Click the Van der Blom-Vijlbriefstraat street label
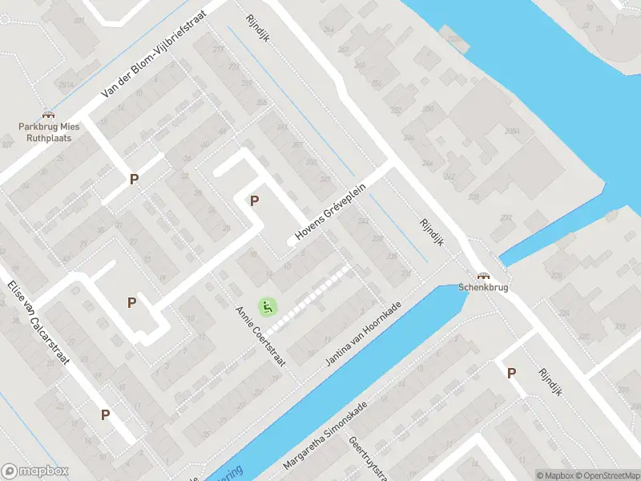click(154, 55)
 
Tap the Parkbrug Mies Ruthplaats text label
click(46, 131)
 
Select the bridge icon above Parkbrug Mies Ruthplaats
click(46, 115)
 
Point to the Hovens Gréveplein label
click(330, 210)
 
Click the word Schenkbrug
click(483, 288)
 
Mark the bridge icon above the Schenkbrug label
click(483, 275)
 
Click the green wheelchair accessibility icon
click(267, 306)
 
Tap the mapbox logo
click(35, 471)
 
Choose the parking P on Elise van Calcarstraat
click(105, 414)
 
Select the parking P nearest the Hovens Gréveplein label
click(256, 200)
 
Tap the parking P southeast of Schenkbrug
click(510, 372)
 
